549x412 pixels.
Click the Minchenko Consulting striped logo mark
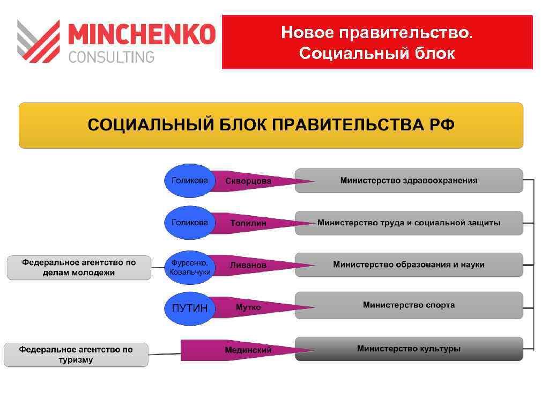pyautogui.click(x=38, y=41)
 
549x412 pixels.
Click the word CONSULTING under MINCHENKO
pyautogui.click(x=112, y=56)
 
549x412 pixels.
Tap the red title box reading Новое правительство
pyautogui.click(x=377, y=42)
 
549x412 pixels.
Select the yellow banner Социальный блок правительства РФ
pyautogui.click(x=271, y=126)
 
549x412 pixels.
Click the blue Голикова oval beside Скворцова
pyautogui.click(x=189, y=181)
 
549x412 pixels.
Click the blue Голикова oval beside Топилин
pyautogui.click(x=189, y=223)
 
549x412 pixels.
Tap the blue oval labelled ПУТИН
pyautogui.click(x=189, y=308)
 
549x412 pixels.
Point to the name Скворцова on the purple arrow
pyautogui.click(x=248, y=181)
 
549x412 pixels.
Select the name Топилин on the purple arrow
pyautogui.click(x=248, y=223)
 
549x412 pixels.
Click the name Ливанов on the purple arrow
pyautogui.click(x=248, y=265)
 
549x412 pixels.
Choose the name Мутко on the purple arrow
pyautogui.click(x=248, y=307)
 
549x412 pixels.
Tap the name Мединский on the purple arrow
pyautogui.click(x=248, y=350)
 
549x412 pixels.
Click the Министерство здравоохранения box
pyautogui.click(x=409, y=181)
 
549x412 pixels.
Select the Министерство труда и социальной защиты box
pyautogui.click(x=409, y=223)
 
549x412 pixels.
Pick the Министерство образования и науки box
pyautogui.click(x=409, y=264)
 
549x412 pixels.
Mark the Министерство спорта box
pyautogui.click(x=409, y=305)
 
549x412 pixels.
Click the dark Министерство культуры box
pyautogui.click(x=409, y=349)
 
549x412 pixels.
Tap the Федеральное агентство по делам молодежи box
pyautogui.click(x=79, y=267)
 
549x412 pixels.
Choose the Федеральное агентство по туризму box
pyautogui.click(x=76, y=355)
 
